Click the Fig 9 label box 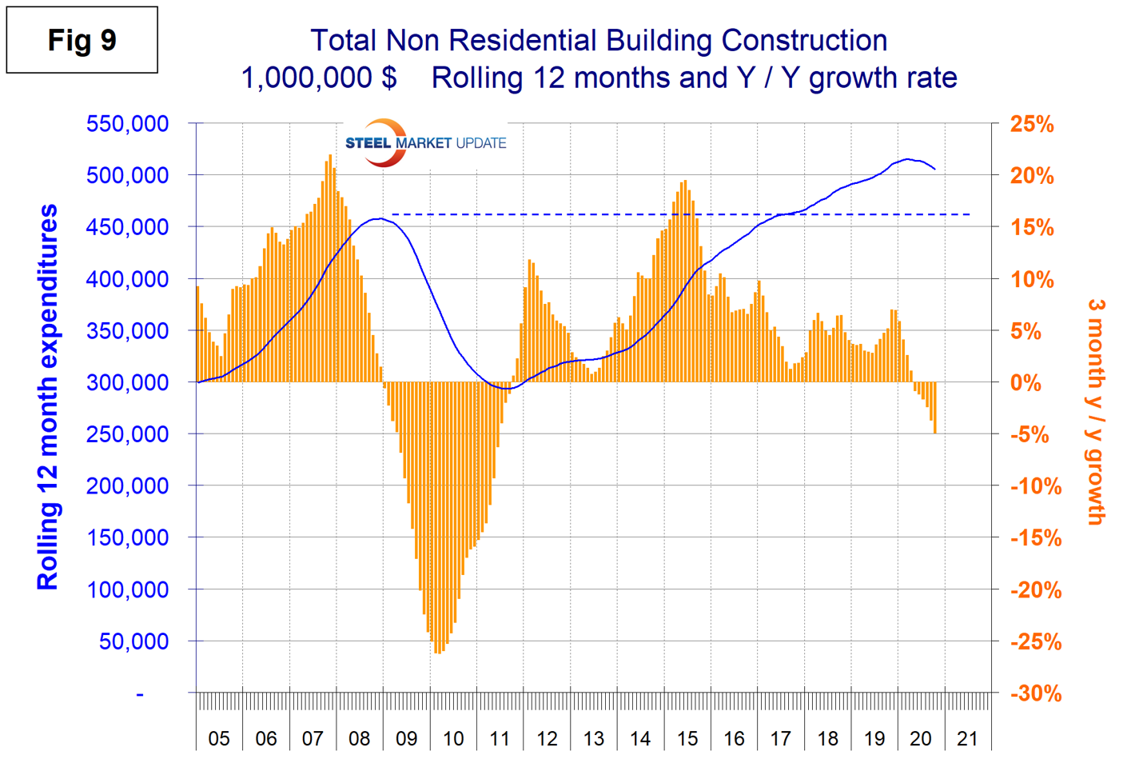pos(82,40)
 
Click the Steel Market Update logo pos(425,143)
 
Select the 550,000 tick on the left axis pos(128,124)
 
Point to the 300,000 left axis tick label pos(128,382)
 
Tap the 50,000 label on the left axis pos(134,641)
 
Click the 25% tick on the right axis pos(1032,125)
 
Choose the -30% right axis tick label pos(1036,693)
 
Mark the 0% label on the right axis pos(1025,383)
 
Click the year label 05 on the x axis pos(219,738)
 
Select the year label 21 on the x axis pos(967,738)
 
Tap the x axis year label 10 pos(453,738)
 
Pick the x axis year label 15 pos(687,738)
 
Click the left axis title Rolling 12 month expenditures pos(48,397)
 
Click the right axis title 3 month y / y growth pos(1096,412)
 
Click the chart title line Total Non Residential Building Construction pos(599,40)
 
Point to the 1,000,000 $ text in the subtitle pos(319,78)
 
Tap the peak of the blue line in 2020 pos(907,159)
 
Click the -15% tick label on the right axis pos(1036,538)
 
